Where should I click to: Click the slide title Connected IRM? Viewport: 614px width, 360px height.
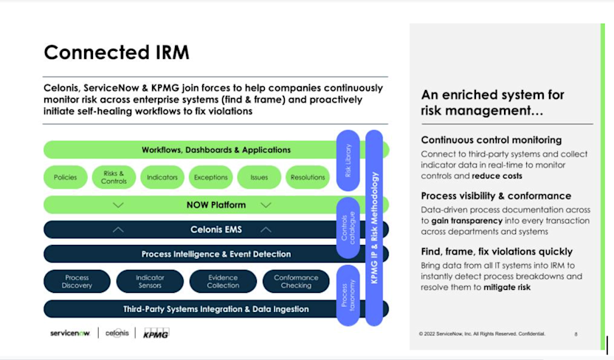pyautogui.click(x=117, y=52)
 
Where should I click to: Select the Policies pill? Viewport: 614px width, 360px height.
pyautogui.click(x=65, y=177)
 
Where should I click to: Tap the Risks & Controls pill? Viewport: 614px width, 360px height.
pyautogui.click(x=114, y=177)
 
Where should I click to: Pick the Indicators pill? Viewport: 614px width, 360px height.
pyautogui.click(x=162, y=177)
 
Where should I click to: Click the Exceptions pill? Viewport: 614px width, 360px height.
pyautogui.click(x=210, y=177)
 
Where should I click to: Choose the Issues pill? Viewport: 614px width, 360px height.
pyautogui.click(x=259, y=177)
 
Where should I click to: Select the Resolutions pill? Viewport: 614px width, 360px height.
pyautogui.click(x=308, y=177)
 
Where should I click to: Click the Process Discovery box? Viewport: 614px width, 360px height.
pyautogui.click(x=77, y=281)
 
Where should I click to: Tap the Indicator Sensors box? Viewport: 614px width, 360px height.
pyautogui.click(x=150, y=281)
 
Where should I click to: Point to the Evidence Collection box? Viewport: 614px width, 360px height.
pyautogui.click(x=223, y=281)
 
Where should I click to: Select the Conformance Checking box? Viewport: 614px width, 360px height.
pyautogui.click(x=295, y=281)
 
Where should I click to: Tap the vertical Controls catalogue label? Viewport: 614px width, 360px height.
pyautogui.click(x=348, y=229)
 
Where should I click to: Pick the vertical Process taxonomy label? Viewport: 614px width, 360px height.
pyautogui.click(x=348, y=295)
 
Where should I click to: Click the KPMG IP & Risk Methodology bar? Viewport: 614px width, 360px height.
pyautogui.click(x=374, y=229)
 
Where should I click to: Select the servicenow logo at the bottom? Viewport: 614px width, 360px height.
pyautogui.click(x=69, y=333)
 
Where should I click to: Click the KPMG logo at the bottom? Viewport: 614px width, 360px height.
pyautogui.click(x=156, y=333)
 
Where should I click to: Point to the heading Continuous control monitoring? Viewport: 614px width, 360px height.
pyautogui.click(x=491, y=139)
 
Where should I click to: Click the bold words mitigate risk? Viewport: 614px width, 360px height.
pyautogui.click(x=507, y=287)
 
